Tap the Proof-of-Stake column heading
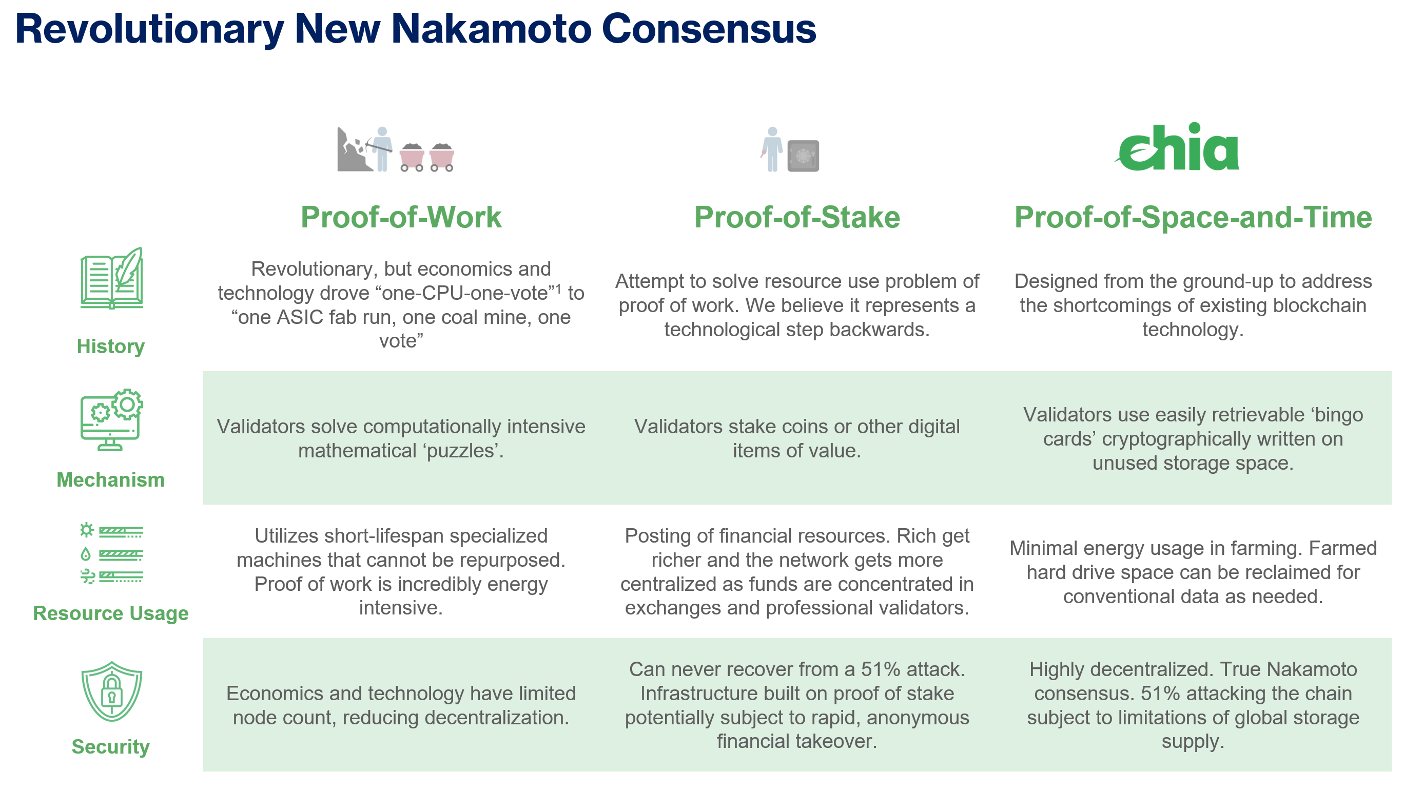click(x=796, y=217)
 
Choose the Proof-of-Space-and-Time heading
click(x=1193, y=217)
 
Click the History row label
click(x=110, y=347)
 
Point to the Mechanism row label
click(x=110, y=479)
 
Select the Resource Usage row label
click(x=110, y=613)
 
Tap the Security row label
click(x=110, y=746)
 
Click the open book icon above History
click(x=111, y=278)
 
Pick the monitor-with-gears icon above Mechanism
click(x=111, y=420)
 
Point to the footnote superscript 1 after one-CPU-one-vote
click(x=558, y=289)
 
